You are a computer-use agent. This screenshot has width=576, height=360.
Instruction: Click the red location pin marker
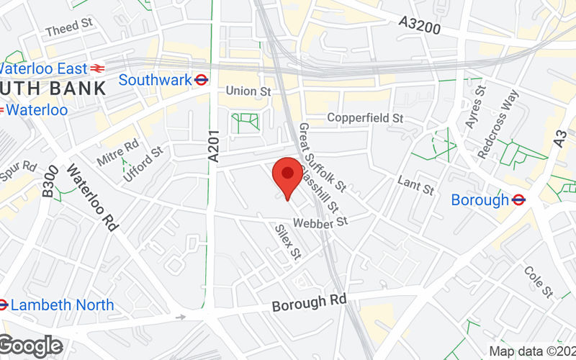click(288, 175)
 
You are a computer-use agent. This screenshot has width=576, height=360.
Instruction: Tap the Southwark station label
click(155, 80)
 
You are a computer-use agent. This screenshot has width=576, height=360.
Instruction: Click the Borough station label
click(480, 199)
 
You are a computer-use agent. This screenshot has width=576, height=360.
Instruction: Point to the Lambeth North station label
click(63, 305)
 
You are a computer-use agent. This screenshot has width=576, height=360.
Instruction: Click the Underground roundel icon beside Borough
click(519, 199)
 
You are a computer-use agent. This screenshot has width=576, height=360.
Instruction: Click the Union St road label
click(248, 91)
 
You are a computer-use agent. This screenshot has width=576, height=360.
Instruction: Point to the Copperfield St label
click(365, 117)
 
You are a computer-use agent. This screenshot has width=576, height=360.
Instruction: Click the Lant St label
click(416, 185)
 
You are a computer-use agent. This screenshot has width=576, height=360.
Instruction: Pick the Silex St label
click(287, 240)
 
